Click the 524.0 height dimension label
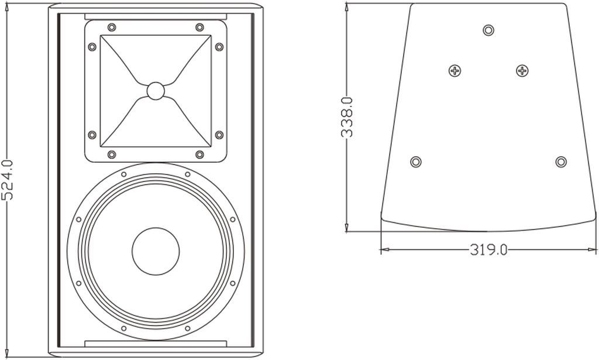click(x=8, y=180)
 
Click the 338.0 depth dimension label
click(x=347, y=117)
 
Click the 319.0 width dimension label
click(x=488, y=250)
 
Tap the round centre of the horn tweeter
click(x=156, y=91)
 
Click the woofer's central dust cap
click(x=156, y=252)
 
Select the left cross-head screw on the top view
click(x=455, y=71)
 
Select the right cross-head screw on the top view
click(x=522, y=71)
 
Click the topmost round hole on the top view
click(x=488, y=30)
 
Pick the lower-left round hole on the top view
click(x=416, y=162)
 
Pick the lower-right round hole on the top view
click(x=561, y=162)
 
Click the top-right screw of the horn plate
click(x=199, y=27)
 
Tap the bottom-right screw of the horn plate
click(x=199, y=155)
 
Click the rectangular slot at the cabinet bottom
click(x=156, y=343)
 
